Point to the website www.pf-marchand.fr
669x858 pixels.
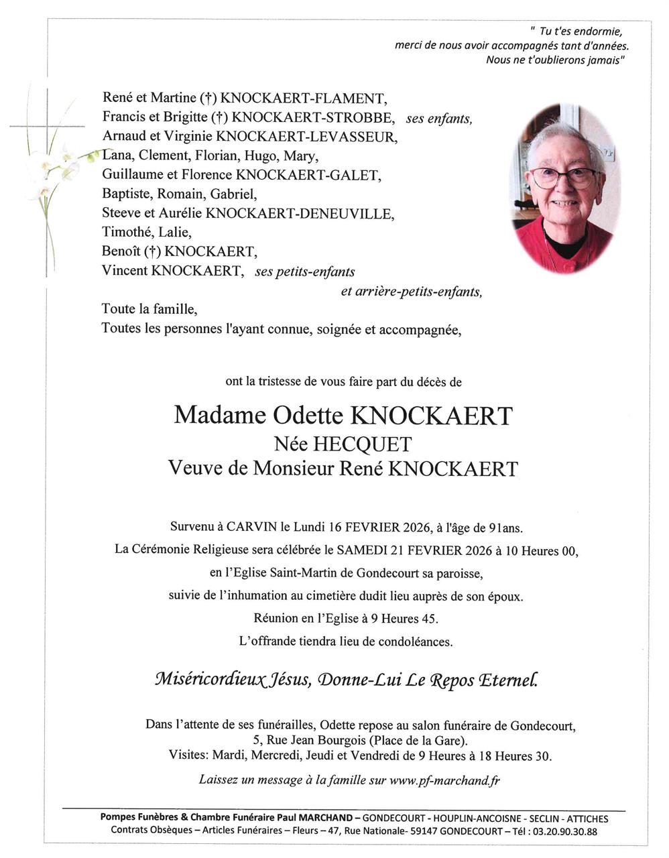[444, 780]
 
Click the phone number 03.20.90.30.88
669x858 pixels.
[558, 831]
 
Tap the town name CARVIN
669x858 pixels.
[249, 528]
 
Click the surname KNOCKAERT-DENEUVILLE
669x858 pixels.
[300, 214]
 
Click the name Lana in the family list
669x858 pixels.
[117, 156]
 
